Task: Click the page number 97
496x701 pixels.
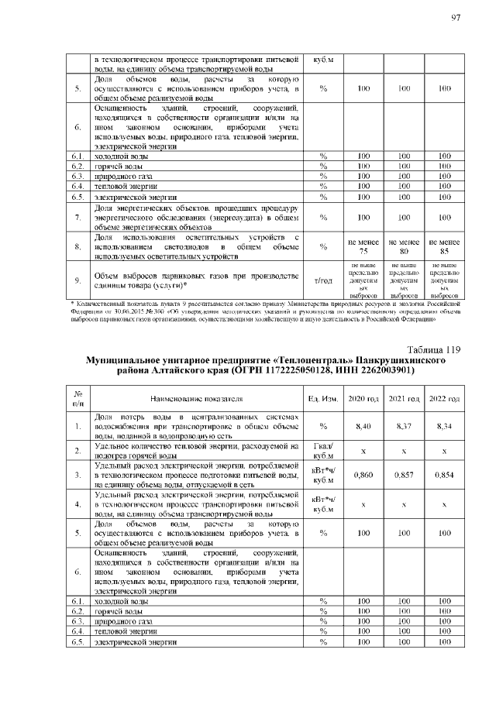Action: point(456,18)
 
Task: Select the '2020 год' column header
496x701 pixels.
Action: point(363,398)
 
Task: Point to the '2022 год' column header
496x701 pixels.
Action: point(444,398)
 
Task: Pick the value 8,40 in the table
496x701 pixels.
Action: point(363,426)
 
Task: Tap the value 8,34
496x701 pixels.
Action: point(444,426)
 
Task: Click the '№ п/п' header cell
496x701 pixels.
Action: point(77,398)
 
